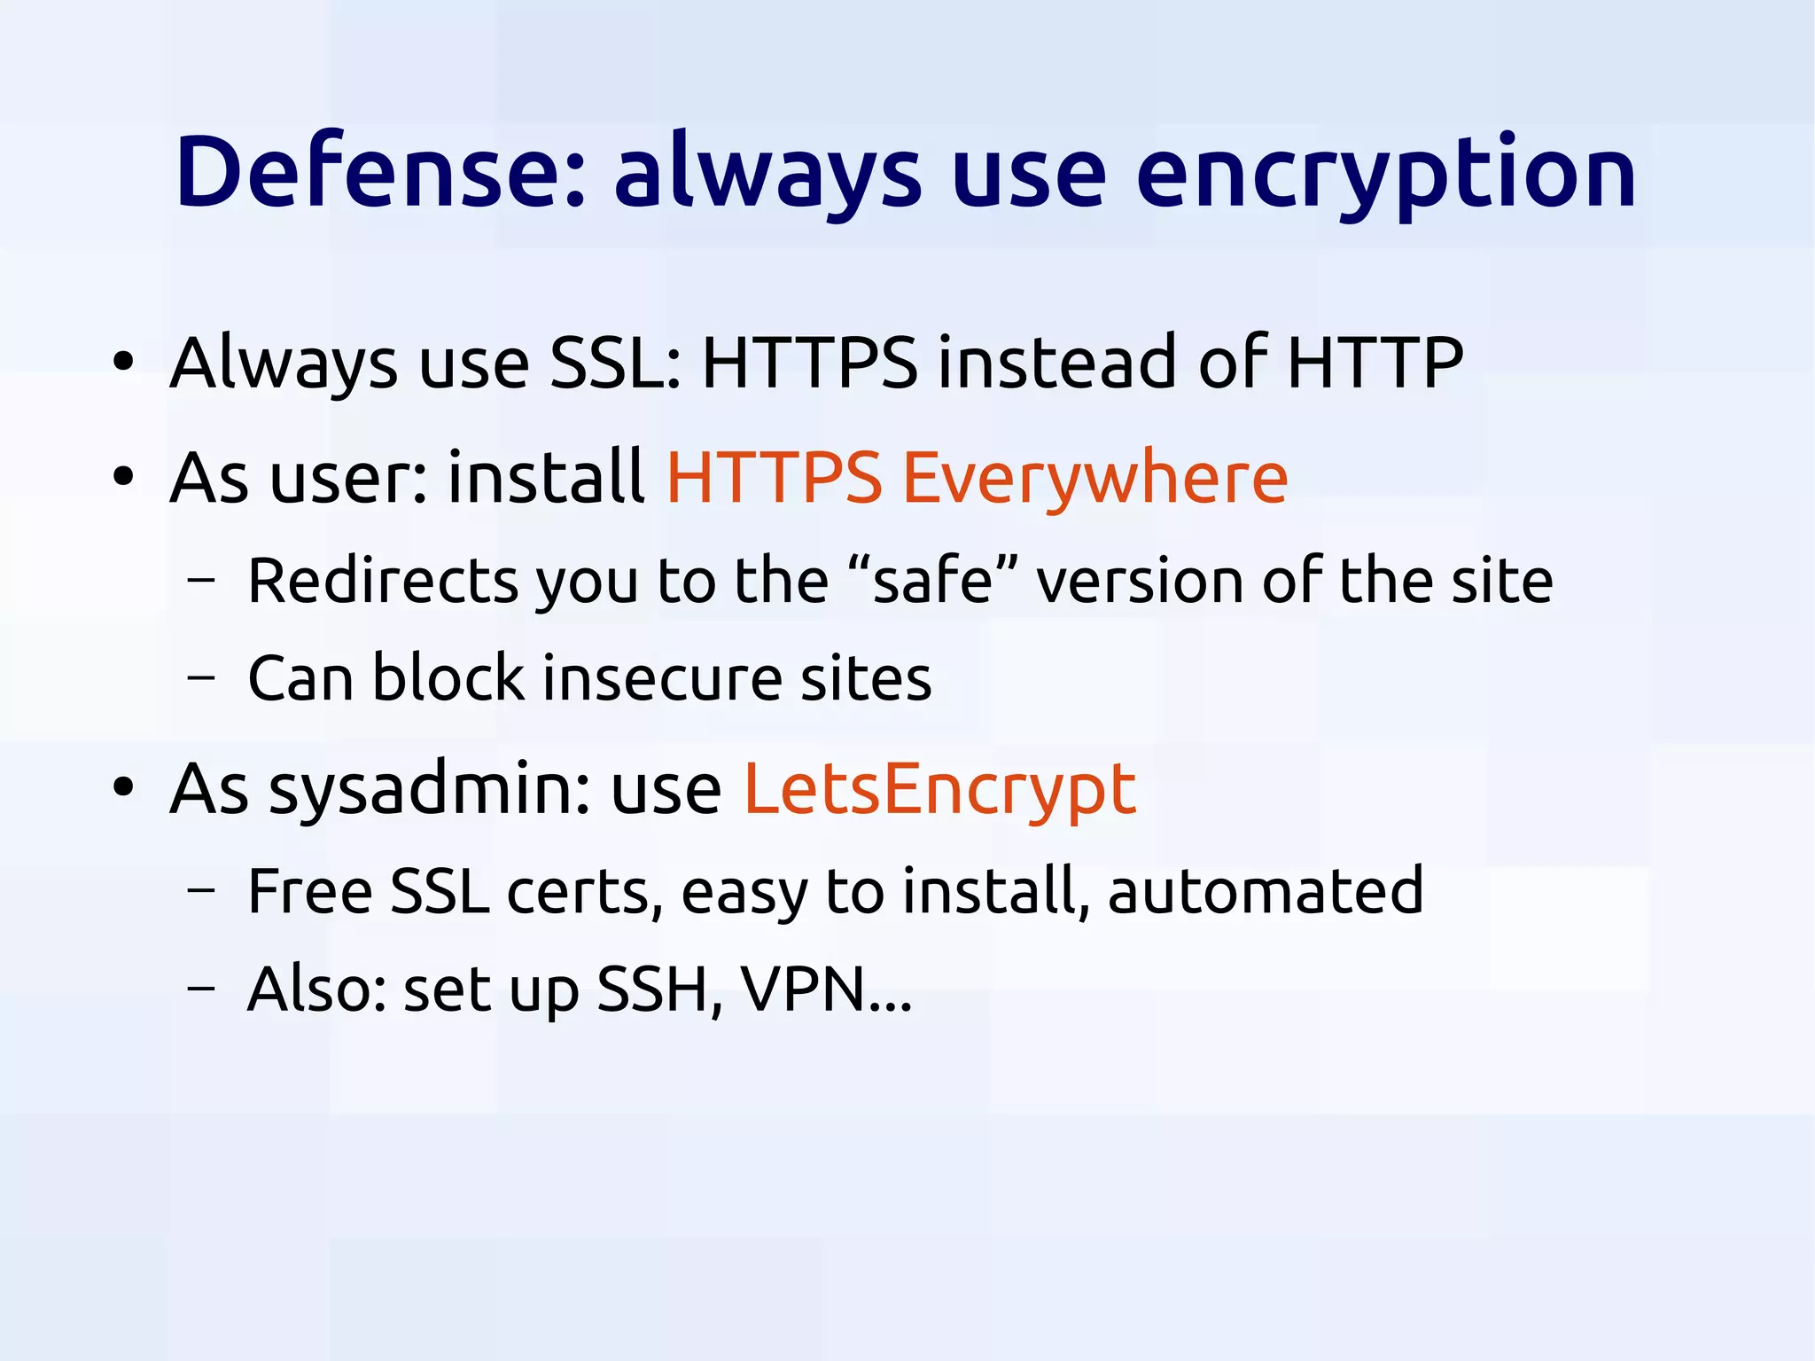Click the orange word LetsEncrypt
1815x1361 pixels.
pyautogui.click(x=939, y=788)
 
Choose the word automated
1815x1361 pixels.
pyautogui.click(x=1265, y=890)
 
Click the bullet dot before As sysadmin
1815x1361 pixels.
pyautogui.click(x=123, y=787)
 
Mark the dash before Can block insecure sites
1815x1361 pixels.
pyautogui.click(x=201, y=679)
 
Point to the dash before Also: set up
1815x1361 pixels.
pyautogui.click(x=201, y=989)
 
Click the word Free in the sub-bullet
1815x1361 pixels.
pyautogui.click(x=309, y=890)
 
